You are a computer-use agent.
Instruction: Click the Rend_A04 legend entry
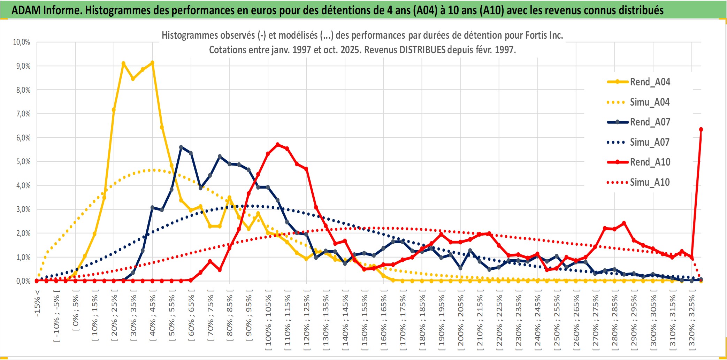click(650, 82)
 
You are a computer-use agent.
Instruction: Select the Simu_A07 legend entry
click(650, 142)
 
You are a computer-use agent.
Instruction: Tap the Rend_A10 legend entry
click(650, 162)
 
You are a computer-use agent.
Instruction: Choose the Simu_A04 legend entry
click(650, 102)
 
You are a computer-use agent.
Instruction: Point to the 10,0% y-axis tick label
click(22, 42)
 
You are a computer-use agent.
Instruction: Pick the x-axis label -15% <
click(37, 303)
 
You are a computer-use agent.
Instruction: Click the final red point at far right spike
click(701, 130)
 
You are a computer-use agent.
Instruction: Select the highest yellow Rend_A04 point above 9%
click(152, 63)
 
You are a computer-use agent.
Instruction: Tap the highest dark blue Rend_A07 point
click(181, 147)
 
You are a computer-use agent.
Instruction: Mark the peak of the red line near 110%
click(277, 144)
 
